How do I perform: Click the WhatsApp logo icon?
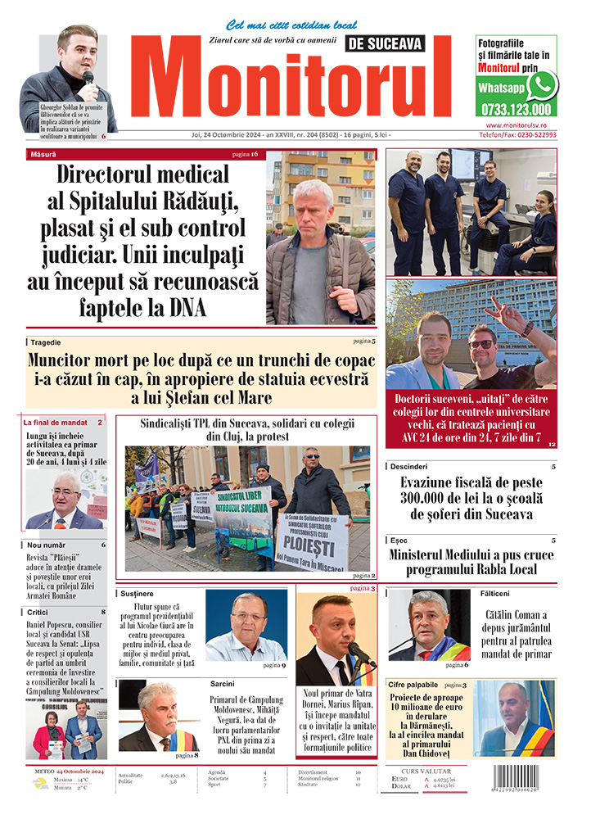541,86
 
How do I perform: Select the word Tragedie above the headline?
47,342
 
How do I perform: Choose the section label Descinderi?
409,466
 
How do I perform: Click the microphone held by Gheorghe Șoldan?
88,79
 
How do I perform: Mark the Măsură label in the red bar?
43,154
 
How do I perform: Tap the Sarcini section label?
222,683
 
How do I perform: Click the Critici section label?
38,612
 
